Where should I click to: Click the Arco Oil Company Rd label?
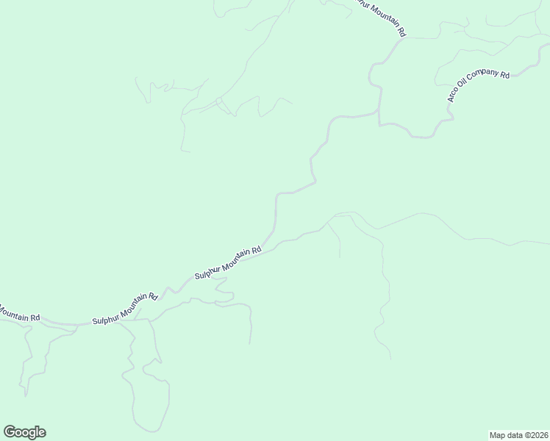point(479,90)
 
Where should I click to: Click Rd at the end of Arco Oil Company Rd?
point(505,75)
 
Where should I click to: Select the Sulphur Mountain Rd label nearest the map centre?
point(228,262)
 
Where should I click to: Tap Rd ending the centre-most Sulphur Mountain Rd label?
point(257,251)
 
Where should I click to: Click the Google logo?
point(24,432)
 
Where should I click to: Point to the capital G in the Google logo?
point(9,432)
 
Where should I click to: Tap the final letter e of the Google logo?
point(42,433)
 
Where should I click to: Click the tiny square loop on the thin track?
point(218,101)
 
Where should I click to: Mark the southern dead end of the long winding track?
point(389,359)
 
